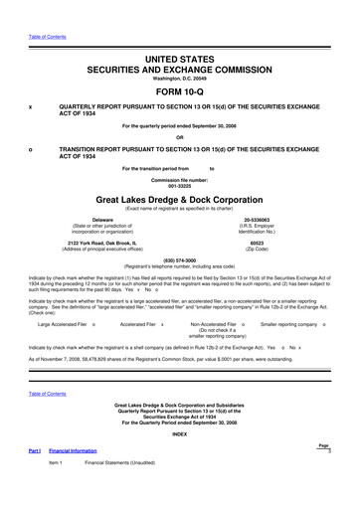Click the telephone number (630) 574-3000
point(180,261)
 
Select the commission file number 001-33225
point(180,184)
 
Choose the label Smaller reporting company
point(289,324)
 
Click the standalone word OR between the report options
point(180,137)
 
